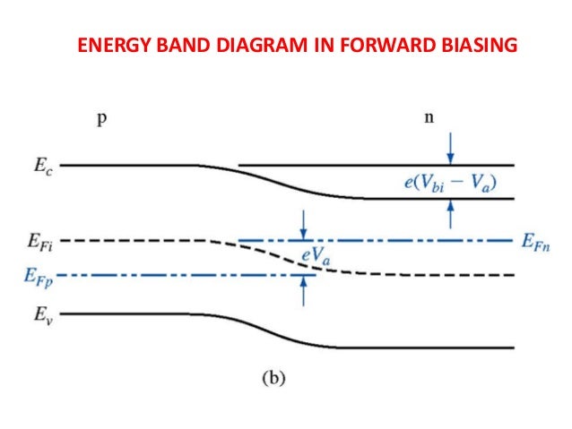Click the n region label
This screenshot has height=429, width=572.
(x=431, y=121)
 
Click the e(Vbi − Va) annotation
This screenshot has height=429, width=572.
(x=449, y=183)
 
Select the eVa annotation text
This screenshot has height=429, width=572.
(x=313, y=257)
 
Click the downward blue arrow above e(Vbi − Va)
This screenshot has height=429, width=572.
(x=450, y=150)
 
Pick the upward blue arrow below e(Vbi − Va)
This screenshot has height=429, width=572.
(x=450, y=212)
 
